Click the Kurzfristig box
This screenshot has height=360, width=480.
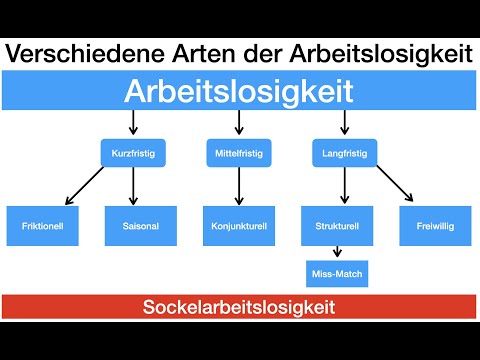click(133, 153)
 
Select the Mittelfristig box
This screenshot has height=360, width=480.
click(238, 153)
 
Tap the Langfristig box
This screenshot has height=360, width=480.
click(344, 153)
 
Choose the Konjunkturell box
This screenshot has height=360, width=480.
click(238, 226)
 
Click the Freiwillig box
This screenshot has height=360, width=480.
click(436, 226)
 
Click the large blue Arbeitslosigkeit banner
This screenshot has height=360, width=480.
click(240, 92)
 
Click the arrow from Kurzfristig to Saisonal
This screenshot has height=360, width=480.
click(133, 187)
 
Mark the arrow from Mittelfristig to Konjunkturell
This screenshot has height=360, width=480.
click(238, 187)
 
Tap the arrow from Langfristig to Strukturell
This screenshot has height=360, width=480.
click(344, 187)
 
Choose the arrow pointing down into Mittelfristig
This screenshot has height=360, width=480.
click(238, 123)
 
